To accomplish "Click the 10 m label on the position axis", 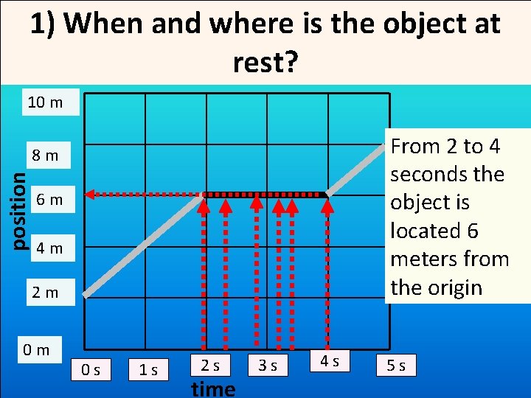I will [45, 102].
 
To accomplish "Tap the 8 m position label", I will [45, 156].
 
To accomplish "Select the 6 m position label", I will [49, 200].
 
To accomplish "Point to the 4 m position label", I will [49, 248].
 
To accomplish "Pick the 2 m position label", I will [45, 293].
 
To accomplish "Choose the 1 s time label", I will [148, 368].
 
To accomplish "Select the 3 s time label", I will [268, 365].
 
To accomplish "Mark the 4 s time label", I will [329, 361].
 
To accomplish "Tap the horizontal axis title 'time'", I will [212, 388].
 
